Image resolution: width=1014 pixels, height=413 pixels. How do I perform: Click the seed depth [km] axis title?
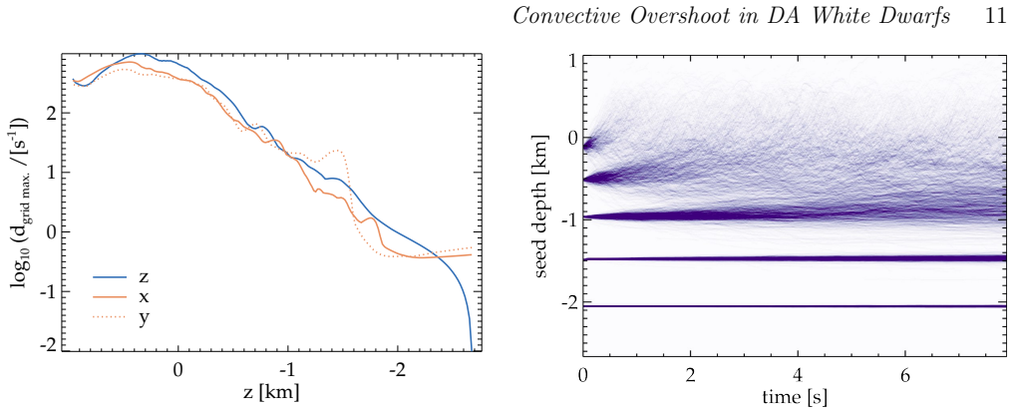[x=542, y=206]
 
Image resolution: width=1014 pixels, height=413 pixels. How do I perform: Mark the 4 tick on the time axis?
[x=798, y=374]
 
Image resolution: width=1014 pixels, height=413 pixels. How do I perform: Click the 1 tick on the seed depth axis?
[x=572, y=62]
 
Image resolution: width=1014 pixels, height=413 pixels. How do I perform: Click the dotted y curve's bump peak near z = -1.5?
[x=338, y=151]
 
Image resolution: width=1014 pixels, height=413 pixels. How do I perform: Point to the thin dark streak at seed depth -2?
[x=795, y=306]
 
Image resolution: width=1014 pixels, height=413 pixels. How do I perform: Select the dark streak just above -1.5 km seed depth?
[x=795, y=258]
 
